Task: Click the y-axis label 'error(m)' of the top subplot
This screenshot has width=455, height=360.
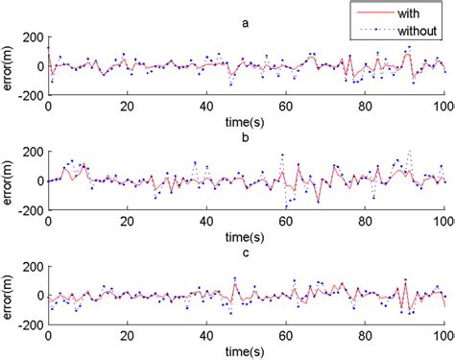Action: click(9, 67)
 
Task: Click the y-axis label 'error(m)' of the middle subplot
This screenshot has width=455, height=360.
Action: click(9, 180)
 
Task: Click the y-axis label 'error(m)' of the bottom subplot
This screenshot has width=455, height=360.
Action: click(9, 296)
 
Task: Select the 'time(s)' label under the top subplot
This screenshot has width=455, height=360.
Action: click(246, 121)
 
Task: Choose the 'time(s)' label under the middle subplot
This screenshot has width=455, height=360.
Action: click(246, 235)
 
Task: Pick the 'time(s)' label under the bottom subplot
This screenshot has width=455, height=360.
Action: click(246, 350)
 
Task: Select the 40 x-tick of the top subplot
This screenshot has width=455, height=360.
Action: click(206, 104)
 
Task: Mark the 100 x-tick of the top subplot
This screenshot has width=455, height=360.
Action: click(442, 104)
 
